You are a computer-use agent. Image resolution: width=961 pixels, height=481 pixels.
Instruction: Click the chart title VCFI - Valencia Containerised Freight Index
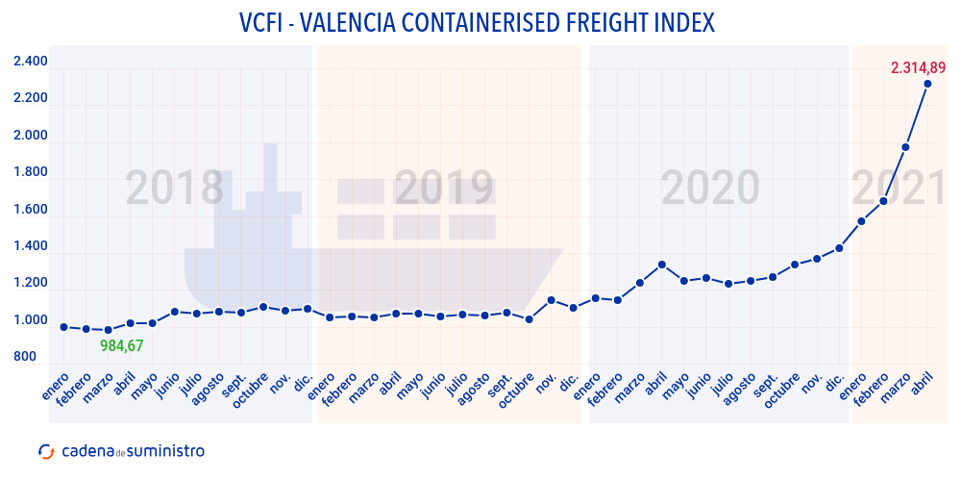coord(477,22)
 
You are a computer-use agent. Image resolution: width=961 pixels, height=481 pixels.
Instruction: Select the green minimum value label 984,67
coord(121,345)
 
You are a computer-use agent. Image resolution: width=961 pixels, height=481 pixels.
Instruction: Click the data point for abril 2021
coord(927,84)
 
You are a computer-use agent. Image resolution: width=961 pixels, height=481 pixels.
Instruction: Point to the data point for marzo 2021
coord(905,147)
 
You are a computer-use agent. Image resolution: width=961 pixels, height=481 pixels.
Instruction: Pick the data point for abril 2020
coord(661,265)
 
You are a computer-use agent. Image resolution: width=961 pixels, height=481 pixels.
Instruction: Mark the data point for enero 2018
coord(63,327)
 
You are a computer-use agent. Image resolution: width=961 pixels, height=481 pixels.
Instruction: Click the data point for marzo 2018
coord(108,330)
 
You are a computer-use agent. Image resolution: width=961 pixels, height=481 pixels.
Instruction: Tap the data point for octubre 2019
coord(529,319)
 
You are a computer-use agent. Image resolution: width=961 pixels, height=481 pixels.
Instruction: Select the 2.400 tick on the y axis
coord(30,63)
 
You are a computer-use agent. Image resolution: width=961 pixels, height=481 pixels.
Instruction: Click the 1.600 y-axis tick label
coord(30,210)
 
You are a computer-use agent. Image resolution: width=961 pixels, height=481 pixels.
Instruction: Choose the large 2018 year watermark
coord(175,189)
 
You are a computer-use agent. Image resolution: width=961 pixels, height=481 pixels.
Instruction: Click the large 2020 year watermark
coord(710,189)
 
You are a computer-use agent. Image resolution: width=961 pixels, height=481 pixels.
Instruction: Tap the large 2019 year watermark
coord(444,189)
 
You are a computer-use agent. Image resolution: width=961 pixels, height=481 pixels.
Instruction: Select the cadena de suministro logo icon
coord(45,451)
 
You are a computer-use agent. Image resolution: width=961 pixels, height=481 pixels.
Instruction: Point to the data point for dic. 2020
coord(839,248)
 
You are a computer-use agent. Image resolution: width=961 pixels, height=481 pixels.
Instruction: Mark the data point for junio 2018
coord(174,312)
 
